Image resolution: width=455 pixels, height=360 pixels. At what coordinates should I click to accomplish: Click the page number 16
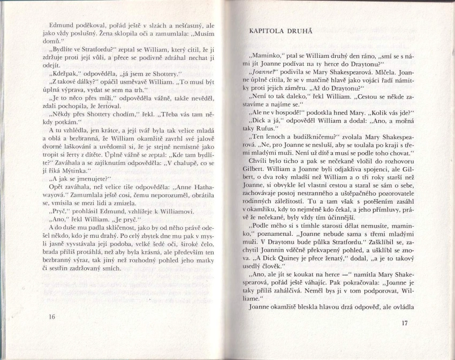tap(52, 316)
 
